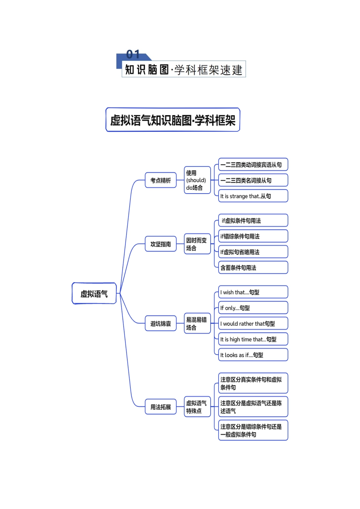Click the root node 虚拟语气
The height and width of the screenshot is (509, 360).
(94, 294)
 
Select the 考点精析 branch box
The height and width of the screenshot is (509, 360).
(161, 180)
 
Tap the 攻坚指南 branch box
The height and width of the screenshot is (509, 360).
(161, 244)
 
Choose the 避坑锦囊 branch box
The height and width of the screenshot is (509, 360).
(161, 323)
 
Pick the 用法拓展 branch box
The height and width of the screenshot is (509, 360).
(161, 407)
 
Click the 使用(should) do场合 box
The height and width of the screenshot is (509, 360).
(197, 180)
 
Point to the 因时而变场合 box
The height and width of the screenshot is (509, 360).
(197, 244)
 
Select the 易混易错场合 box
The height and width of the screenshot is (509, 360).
(197, 323)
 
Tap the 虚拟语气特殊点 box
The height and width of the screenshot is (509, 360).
(197, 407)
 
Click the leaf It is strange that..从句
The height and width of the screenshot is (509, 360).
(253, 196)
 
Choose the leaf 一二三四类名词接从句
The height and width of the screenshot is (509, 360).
(253, 180)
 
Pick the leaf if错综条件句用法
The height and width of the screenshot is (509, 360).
(253, 236)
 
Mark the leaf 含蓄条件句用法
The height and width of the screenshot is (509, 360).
(253, 268)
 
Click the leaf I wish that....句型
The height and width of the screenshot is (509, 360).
(253, 292)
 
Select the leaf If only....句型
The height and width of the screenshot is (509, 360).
(253, 308)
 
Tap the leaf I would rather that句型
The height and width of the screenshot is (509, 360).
(253, 324)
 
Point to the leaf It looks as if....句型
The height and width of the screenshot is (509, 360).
(253, 355)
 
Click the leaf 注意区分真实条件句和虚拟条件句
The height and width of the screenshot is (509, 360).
(253, 383)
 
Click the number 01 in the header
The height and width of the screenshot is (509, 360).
(133, 55)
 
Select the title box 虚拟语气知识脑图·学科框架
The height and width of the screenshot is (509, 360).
(173, 120)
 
